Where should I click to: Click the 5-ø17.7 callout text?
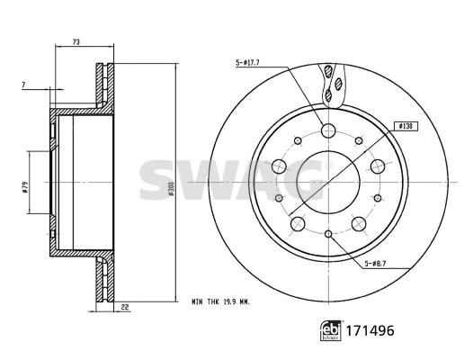247,63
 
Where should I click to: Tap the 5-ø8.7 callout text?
378,263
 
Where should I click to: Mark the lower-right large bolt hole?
361,222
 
